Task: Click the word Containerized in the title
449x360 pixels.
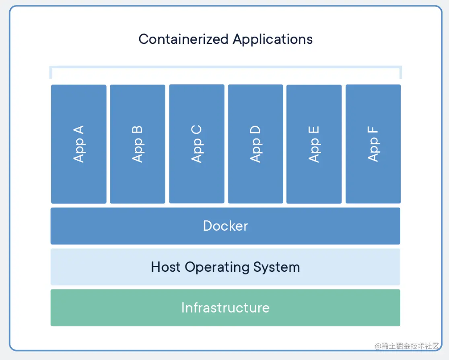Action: pyautogui.click(x=183, y=39)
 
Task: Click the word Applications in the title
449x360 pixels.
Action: pyautogui.click(x=273, y=39)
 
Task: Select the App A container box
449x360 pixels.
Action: pyautogui.click(x=79, y=144)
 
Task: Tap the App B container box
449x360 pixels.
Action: pyautogui.click(x=138, y=144)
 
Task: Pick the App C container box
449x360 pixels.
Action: pyautogui.click(x=197, y=144)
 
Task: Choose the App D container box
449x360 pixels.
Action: pyautogui.click(x=255, y=144)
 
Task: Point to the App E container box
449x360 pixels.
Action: pyautogui.click(x=314, y=144)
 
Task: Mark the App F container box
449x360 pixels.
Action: pyautogui.click(x=373, y=144)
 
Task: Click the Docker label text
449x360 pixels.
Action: pyautogui.click(x=225, y=226)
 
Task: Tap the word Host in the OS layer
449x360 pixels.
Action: pyautogui.click(x=165, y=267)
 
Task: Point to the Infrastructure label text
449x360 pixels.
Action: pyautogui.click(x=225, y=308)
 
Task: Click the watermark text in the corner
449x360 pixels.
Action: pyautogui.click(x=407, y=346)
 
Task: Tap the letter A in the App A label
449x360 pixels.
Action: pyautogui.click(x=78, y=130)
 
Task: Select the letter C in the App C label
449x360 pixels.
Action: pyautogui.click(x=196, y=130)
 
